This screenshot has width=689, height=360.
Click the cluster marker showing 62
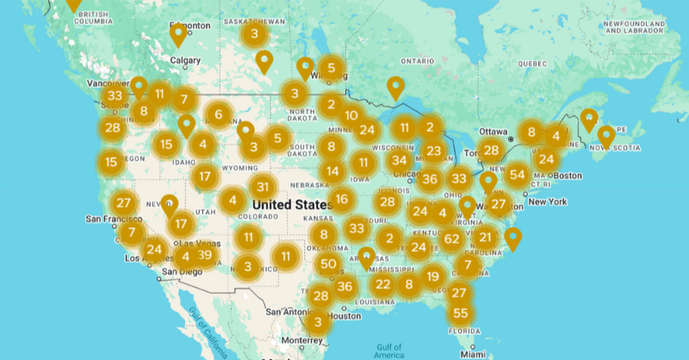452,239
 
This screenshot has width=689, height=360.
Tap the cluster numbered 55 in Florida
461,313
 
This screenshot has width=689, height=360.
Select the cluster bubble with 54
517,175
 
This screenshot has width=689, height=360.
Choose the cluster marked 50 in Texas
327,264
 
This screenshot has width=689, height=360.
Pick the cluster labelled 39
204,255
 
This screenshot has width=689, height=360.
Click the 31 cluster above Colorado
264,187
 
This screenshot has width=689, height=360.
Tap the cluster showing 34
399,160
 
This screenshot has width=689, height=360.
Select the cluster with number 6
219,115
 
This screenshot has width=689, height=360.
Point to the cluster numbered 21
486,238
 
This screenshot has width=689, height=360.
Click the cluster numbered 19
432,276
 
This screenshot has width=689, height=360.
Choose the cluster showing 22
383,284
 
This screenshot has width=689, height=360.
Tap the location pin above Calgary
178,34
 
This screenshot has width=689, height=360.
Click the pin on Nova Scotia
606,136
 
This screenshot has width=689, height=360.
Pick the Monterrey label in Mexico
300,340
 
